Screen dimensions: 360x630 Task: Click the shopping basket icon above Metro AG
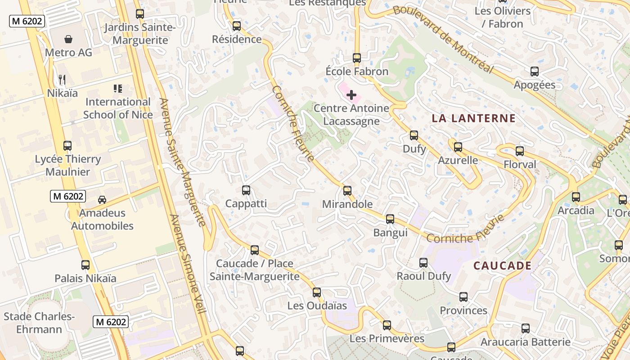(x=68, y=39)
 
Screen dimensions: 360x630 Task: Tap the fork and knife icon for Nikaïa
(x=62, y=80)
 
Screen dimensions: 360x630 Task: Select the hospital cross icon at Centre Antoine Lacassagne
(x=351, y=95)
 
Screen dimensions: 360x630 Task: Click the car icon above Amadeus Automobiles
(x=102, y=199)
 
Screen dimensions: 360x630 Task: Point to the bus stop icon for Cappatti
(x=246, y=190)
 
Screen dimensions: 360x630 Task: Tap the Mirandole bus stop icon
(x=347, y=190)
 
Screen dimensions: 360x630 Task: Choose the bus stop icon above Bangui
(x=390, y=219)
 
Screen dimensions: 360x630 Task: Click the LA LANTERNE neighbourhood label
(x=473, y=119)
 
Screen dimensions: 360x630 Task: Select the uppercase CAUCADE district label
(x=502, y=266)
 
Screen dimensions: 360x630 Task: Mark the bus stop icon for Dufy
(x=414, y=135)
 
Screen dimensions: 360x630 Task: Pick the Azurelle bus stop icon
(x=458, y=147)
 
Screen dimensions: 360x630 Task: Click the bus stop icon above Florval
(x=520, y=151)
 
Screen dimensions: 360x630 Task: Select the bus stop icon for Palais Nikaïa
(x=85, y=265)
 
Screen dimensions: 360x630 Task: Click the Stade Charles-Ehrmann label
(x=39, y=323)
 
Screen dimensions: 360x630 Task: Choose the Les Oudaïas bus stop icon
(x=317, y=292)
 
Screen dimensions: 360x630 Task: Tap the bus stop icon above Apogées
(x=534, y=72)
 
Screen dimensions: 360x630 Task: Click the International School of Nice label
(x=118, y=108)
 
